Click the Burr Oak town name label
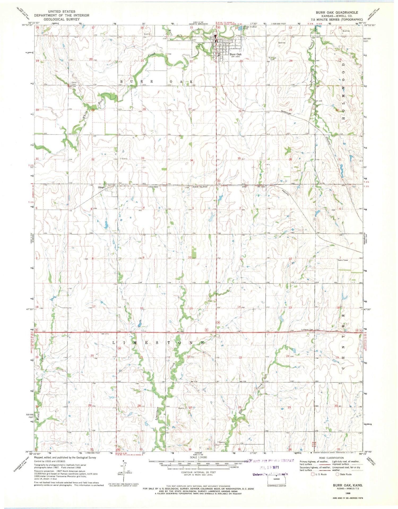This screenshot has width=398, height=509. pos(235,54)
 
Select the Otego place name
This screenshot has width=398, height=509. pos(101,187)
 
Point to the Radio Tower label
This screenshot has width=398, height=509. pos(343,260)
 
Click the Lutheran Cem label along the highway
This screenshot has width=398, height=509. pos(307,330)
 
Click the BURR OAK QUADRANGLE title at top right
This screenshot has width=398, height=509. pos(337,12)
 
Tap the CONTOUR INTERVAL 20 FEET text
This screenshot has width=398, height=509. pos(198,472)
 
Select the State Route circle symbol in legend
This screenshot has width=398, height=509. pos(338,474)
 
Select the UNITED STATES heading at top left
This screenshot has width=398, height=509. pos(62,11)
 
